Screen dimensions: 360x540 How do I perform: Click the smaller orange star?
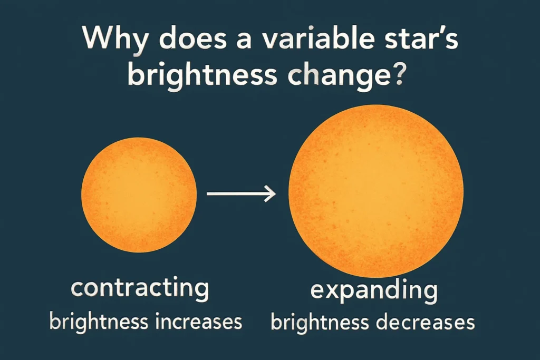coord(139,194)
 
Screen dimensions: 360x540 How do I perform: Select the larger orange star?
coord(376,191)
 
